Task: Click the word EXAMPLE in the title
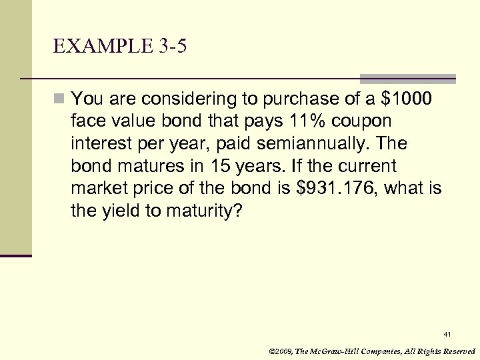95,46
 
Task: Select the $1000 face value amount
407,99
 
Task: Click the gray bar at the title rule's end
408,78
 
